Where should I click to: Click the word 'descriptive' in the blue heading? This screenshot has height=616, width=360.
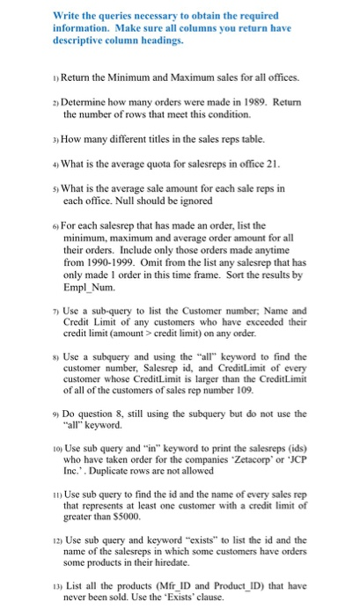[x=81, y=40]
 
